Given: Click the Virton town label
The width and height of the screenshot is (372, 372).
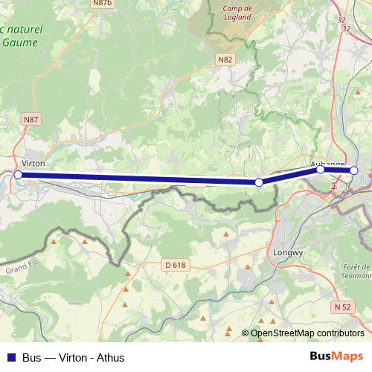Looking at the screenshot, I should click(x=34, y=161).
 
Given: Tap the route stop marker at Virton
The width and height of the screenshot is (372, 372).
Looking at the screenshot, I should click(x=19, y=175).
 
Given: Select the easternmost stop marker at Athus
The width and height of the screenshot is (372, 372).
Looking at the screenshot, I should click(x=354, y=170).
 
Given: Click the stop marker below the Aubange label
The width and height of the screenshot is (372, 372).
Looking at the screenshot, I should click(x=321, y=169).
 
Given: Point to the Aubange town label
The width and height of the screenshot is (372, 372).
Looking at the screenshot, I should click(x=327, y=163).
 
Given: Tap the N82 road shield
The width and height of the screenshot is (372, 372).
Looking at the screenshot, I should click(x=226, y=59).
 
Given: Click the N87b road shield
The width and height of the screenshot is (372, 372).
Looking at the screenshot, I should click(x=103, y=4).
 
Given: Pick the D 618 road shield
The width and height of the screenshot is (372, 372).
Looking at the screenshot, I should click(x=175, y=265).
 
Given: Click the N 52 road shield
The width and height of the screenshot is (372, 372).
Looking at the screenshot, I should click(x=342, y=307).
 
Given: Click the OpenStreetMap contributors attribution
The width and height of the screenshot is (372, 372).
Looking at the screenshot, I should click(x=307, y=333).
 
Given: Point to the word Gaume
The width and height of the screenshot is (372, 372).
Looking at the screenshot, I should click(x=22, y=42).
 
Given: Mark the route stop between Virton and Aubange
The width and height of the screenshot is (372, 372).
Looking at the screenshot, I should click(x=259, y=182).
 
